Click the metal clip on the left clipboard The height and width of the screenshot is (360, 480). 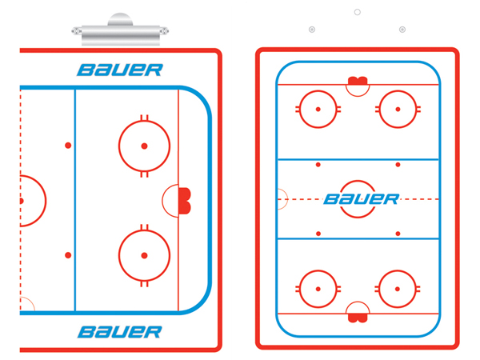point(120,30)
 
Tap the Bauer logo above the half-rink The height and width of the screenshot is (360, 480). point(120,70)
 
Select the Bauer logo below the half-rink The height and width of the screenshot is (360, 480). point(120,332)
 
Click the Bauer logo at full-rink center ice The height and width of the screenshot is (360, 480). point(362,199)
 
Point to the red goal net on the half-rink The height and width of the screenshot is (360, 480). point(185,201)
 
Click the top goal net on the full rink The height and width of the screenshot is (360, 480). point(358,81)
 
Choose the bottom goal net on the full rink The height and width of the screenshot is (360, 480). point(358,318)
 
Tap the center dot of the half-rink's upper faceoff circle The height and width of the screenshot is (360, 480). point(144,146)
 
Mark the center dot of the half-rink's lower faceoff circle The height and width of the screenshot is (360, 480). point(144,255)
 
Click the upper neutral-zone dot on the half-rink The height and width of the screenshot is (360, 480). point(68,146)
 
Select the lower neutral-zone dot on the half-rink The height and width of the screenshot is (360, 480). point(68,255)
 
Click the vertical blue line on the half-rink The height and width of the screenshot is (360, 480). point(75,201)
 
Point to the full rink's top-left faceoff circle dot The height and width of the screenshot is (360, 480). point(318,110)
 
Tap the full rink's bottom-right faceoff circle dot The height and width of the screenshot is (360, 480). point(398,289)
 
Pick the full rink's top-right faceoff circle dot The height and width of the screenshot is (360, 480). point(398,110)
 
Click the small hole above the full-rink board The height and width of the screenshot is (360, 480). point(358,12)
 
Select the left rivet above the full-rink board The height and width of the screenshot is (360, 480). point(312,30)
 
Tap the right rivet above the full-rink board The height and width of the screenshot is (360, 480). point(402,30)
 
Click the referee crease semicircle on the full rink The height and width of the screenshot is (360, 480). point(282,199)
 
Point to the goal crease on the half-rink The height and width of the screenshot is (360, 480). point(170,201)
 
